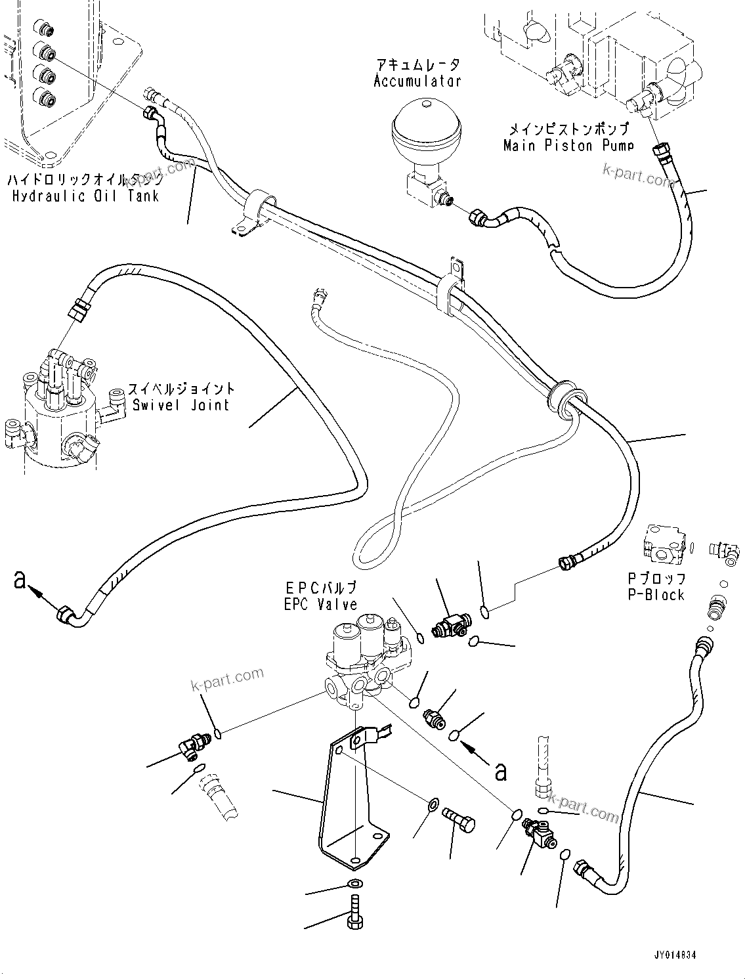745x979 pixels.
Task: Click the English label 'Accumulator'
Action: pos(417,81)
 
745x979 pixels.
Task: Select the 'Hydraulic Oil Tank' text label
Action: pos(85,196)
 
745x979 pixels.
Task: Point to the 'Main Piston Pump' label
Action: pos(568,146)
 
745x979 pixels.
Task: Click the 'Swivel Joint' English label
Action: pos(181,404)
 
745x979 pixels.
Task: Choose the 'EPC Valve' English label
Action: pos(320,604)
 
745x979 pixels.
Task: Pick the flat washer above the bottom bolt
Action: pos(355,884)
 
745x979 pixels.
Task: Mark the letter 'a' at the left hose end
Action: pos(20,579)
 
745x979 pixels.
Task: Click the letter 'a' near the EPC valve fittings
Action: pos(501,771)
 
